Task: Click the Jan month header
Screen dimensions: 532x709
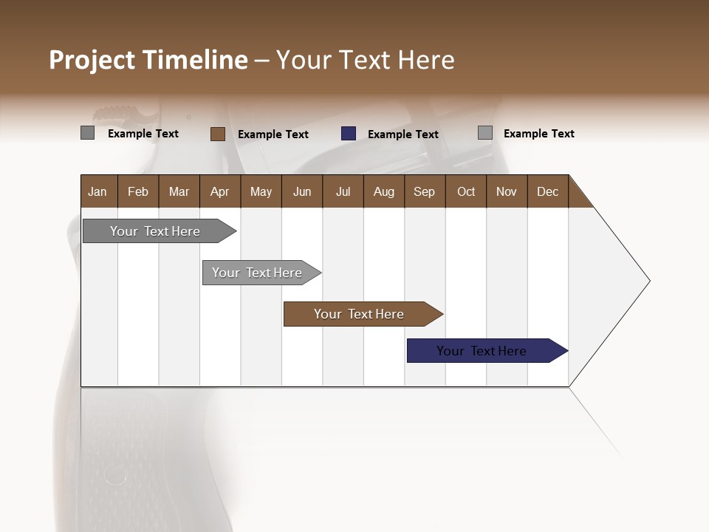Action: tap(98, 191)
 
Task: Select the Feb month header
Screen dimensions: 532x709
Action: tap(138, 191)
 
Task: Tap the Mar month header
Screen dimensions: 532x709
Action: tap(179, 191)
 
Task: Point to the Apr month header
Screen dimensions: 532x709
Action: tap(220, 191)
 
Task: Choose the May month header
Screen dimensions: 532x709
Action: tap(261, 191)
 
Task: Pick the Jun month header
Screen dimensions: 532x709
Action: tap(302, 191)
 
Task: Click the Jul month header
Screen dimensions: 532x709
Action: tap(343, 191)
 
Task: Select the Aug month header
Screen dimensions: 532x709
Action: tap(384, 191)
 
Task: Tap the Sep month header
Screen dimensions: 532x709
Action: tap(425, 191)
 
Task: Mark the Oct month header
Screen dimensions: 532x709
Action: tap(466, 191)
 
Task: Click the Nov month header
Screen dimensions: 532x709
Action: tap(507, 191)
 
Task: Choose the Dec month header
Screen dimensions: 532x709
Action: tap(548, 191)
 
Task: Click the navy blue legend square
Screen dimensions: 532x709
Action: tap(349, 134)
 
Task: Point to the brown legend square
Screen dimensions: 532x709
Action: tap(218, 134)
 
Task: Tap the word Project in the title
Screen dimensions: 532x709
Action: tap(92, 60)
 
